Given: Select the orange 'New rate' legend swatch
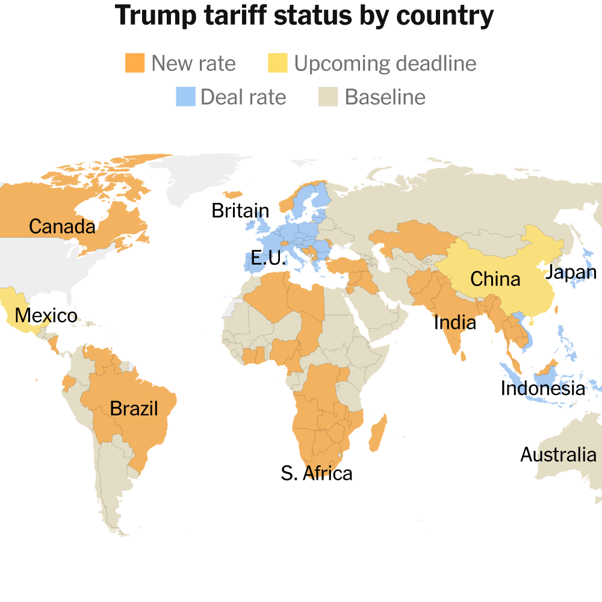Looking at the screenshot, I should (x=135, y=63).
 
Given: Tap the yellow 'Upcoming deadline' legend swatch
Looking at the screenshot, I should (x=278, y=63).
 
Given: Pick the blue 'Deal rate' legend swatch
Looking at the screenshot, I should (x=185, y=97).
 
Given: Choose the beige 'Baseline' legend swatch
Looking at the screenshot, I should (x=327, y=97).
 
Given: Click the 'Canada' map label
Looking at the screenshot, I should (x=62, y=227).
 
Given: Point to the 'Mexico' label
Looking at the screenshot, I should (x=46, y=315).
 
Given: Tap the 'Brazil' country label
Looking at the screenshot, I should (x=134, y=409).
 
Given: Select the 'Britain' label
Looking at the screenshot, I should (x=240, y=211).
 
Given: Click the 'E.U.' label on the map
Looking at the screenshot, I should (x=268, y=259).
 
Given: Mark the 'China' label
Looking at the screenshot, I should (x=495, y=279).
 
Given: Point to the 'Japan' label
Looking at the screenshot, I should (x=570, y=273).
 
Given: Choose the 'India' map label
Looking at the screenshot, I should (x=455, y=323).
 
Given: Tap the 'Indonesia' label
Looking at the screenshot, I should (x=542, y=389).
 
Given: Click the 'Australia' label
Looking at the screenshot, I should (x=558, y=455).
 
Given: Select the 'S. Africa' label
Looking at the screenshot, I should (x=317, y=473).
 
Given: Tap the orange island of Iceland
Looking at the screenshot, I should (x=232, y=194).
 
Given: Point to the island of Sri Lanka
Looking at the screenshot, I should (x=464, y=356).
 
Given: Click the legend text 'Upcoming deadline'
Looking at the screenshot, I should (x=385, y=63).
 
